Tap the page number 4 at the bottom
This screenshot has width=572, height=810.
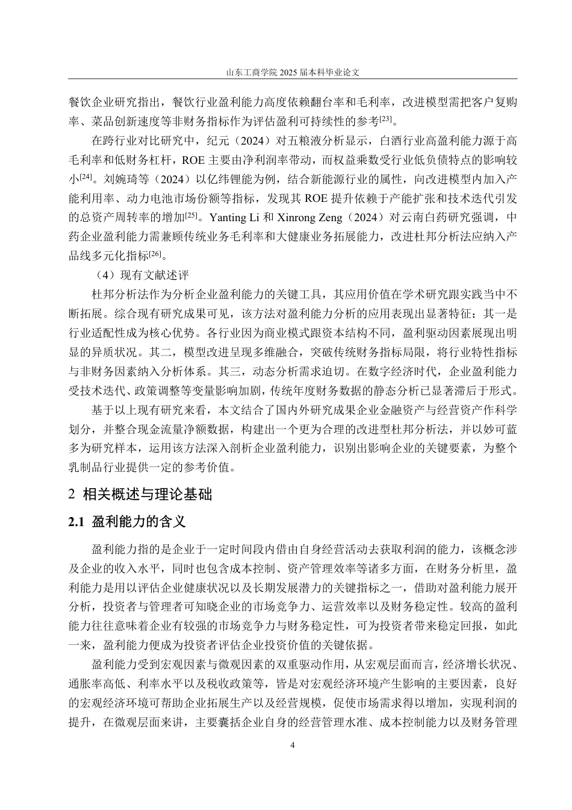(x=293, y=745)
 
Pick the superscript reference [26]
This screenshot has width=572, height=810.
(x=154, y=253)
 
